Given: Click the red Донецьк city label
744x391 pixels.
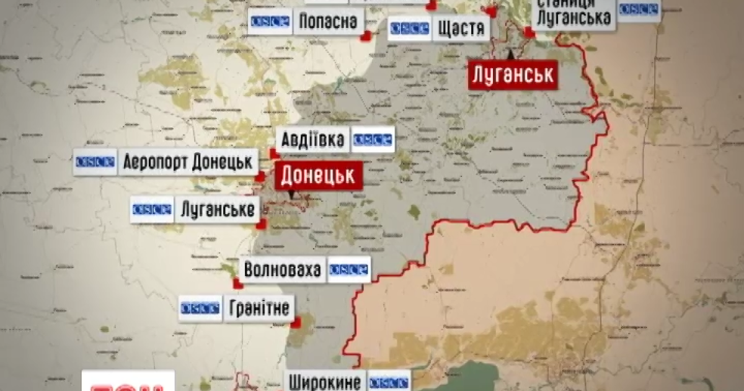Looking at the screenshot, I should pyautogui.click(x=318, y=176).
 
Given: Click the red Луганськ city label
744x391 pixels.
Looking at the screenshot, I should pyautogui.click(x=511, y=75).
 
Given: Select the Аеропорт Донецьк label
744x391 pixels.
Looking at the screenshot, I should pyautogui.click(x=188, y=162).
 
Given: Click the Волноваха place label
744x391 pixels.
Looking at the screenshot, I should pyautogui.click(x=283, y=270).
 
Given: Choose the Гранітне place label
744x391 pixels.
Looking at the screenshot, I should pyautogui.click(x=259, y=308).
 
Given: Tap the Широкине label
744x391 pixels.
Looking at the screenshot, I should pyautogui.click(x=325, y=380).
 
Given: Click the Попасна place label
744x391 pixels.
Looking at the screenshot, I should pyautogui.click(x=328, y=22).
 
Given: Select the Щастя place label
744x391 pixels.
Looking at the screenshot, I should pyautogui.click(x=461, y=29).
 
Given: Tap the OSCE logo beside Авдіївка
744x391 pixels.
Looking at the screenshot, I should pyautogui.click(x=374, y=140).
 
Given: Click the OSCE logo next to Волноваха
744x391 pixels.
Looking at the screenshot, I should pyautogui.click(x=348, y=270).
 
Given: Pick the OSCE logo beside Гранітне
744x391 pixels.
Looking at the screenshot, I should pyautogui.click(x=200, y=308).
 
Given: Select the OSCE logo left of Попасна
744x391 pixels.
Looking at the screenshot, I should pyautogui.click(x=270, y=22).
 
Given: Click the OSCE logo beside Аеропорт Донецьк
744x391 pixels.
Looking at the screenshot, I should pyautogui.click(x=95, y=162).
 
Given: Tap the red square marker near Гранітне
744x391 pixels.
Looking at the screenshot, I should pyautogui.click(x=297, y=322).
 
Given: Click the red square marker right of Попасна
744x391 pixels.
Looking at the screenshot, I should pyautogui.click(x=366, y=36).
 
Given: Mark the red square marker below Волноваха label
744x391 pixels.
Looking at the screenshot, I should pyautogui.click(x=237, y=284).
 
